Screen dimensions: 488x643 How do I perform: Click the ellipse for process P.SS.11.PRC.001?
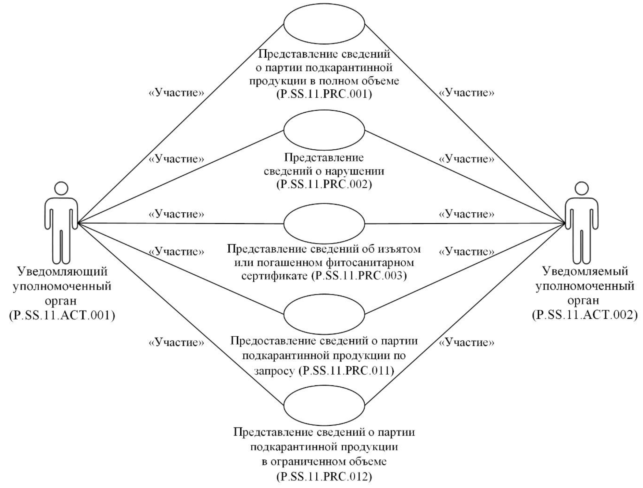[x=324, y=24]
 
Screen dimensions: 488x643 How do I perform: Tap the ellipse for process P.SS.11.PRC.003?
[x=324, y=224]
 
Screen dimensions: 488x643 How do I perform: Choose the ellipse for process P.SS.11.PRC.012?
[x=324, y=405]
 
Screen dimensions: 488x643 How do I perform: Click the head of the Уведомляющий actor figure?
[x=61, y=189]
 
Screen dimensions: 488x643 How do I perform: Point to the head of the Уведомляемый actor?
[x=582, y=189]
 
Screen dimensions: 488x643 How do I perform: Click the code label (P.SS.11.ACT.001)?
[x=62, y=315]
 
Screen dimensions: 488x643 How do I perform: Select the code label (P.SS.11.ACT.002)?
[x=585, y=315]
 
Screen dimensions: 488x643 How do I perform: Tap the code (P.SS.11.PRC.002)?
[x=324, y=184]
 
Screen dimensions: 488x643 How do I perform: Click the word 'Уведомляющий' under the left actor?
[x=62, y=272]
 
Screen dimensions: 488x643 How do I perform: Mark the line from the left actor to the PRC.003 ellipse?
[x=181, y=223]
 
